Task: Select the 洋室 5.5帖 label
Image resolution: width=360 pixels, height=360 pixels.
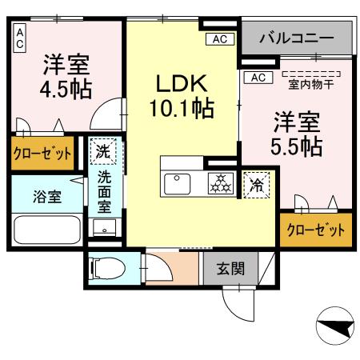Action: tap(298, 134)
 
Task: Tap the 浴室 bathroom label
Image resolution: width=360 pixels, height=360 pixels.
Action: tap(46, 197)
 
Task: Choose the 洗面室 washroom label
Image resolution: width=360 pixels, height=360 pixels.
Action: tap(105, 193)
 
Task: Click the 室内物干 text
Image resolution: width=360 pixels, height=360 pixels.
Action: tap(311, 82)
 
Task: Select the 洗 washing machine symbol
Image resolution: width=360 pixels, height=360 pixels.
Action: tap(104, 150)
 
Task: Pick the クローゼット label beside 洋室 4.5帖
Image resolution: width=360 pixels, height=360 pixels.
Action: tap(42, 153)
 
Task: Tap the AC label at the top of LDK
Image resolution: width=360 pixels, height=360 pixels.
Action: tap(218, 38)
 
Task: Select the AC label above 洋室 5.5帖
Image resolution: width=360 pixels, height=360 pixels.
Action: tap(258, 78)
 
